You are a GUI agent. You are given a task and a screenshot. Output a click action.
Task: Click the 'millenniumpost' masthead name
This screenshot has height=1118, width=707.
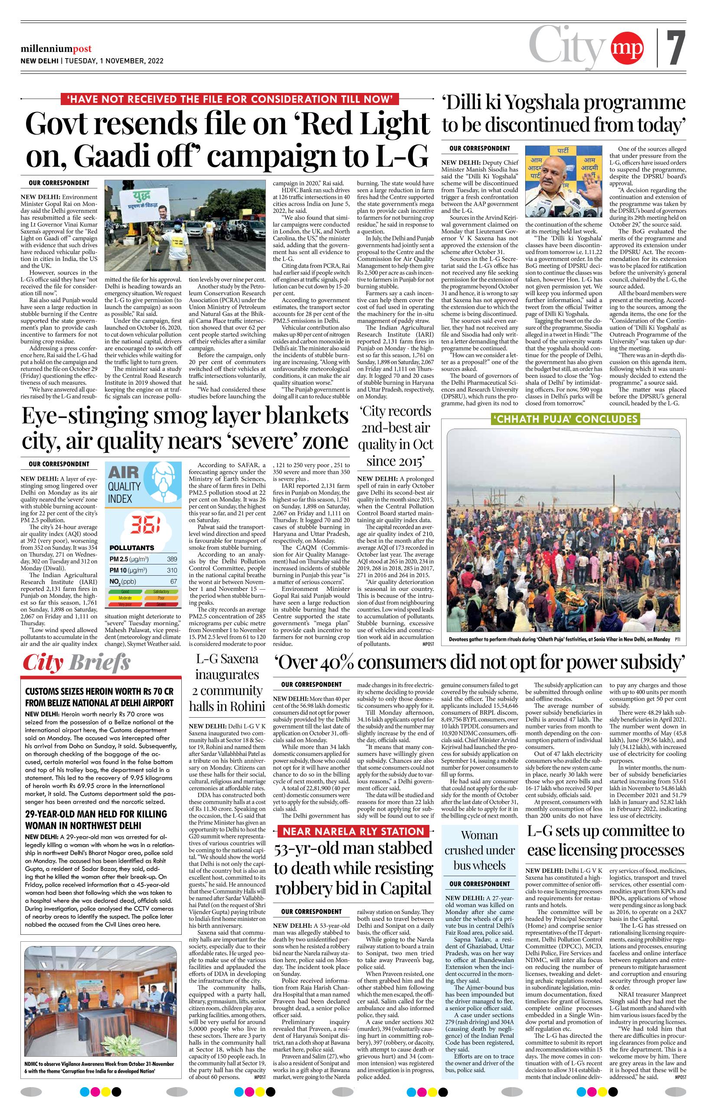pyautogui.click(x=56, y=49)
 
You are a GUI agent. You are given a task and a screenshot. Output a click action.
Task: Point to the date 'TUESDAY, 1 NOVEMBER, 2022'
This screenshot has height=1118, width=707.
pyautogui.click(x=114, y=61)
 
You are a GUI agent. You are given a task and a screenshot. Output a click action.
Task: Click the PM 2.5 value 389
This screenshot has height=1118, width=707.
pyautogui.click(x=173, y=560)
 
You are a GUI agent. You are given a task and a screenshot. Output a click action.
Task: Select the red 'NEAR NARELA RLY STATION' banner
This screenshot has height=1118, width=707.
pyautogui.click(x=353, y=831)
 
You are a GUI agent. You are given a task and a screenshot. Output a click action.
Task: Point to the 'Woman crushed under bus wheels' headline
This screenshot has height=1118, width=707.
pyautogui.click(x=480, y=850)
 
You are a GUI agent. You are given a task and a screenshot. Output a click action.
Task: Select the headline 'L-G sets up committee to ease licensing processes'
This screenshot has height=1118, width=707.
pyautogui.click(x=606, y=841)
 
